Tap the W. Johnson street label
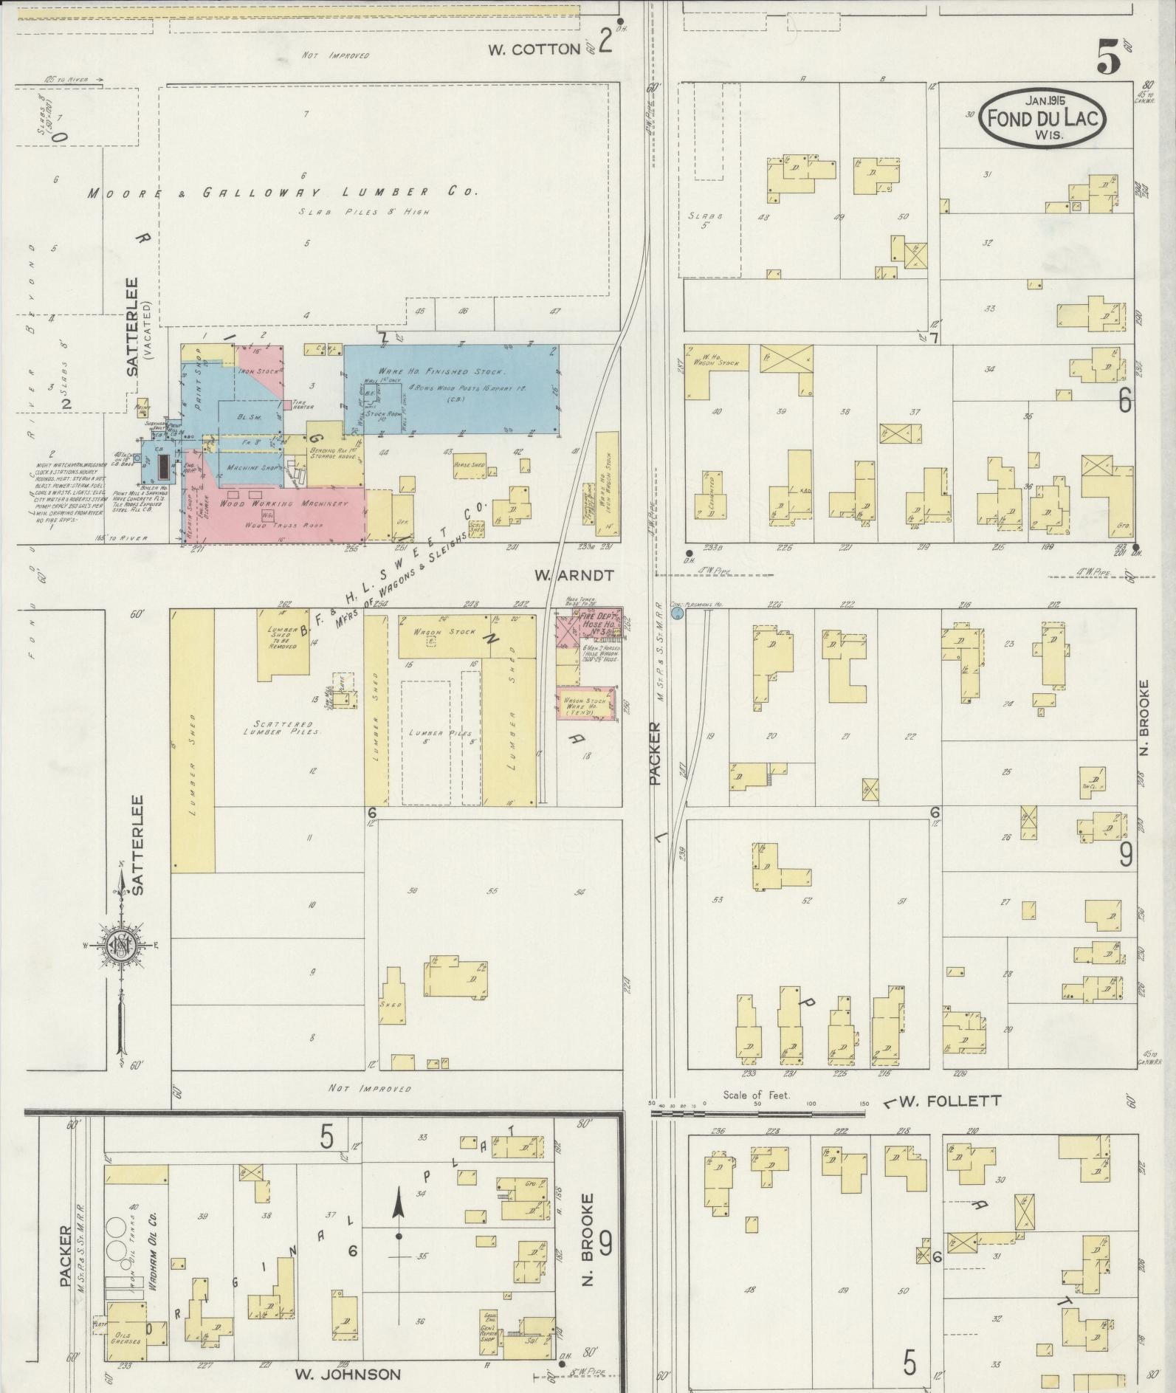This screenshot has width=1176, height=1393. pyautogui.click(x=347, y=1375)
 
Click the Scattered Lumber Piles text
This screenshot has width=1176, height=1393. pyautogui.click(x=283, y=728)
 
